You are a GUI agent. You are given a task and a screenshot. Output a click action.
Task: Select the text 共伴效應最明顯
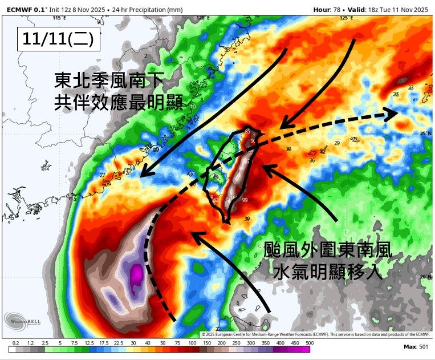click(x=119, y=102)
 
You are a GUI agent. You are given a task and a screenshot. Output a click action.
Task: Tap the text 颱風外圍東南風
click(x=328, y=249)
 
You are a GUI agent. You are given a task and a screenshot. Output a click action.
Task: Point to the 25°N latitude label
click(x=424, y=133)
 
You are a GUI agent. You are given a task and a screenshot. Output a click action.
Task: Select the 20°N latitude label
click(x=424, y=277)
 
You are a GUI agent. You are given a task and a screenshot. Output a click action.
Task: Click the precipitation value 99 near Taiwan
click(x=245, y=200)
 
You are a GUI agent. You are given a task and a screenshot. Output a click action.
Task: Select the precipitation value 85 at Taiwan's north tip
click(x=247, y=132)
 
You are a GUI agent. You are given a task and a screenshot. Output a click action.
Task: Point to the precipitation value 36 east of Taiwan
click(x=312, y=161)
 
